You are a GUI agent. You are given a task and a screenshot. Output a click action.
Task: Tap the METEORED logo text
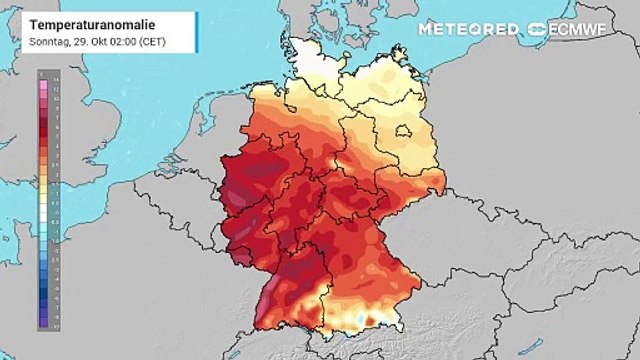click(467, 29)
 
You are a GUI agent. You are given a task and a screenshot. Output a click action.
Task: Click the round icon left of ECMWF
click(537, 29)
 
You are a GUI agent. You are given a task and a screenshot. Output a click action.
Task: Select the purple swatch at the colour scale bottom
click(42, 324)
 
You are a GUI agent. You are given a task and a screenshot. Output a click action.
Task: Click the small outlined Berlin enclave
click(402, 130)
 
